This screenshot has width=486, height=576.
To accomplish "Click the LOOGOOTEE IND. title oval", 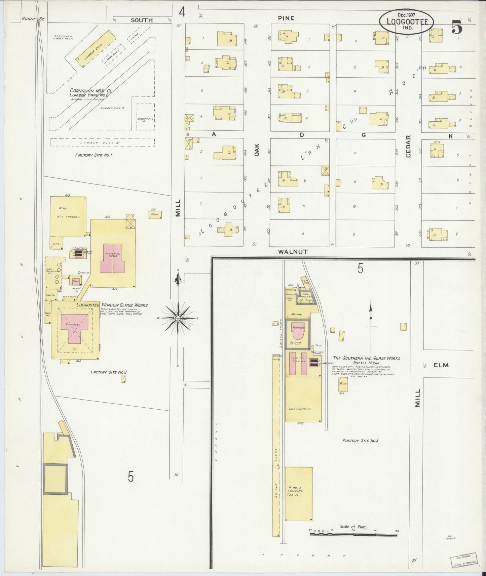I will click(406, 21).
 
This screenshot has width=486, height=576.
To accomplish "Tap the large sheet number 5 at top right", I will click(456, 27).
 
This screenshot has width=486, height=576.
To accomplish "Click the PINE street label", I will click(286, 18).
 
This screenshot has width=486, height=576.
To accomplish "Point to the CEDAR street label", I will click(409, 147).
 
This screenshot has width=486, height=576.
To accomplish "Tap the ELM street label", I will click(441, 365).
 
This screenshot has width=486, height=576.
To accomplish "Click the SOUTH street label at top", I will click(142, 20).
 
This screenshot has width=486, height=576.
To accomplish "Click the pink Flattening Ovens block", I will click(113, 258).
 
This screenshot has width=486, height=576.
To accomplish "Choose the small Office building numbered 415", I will click(155, 214).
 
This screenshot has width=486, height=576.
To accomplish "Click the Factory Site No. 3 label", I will click(360, 441).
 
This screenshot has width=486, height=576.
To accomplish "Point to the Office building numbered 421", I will click(343, 384).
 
